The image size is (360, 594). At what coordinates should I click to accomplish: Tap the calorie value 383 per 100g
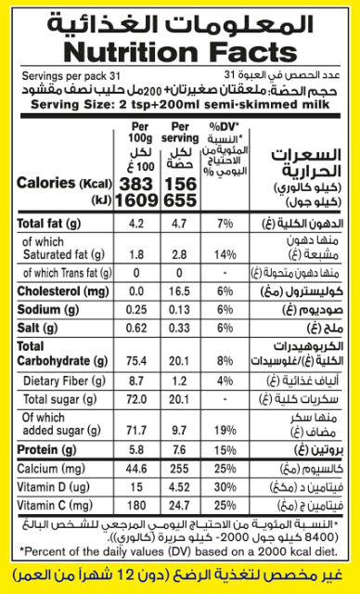(136, 184)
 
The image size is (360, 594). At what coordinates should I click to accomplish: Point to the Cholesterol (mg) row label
(58, 291)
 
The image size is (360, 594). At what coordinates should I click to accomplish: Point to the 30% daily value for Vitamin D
(225, 487)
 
